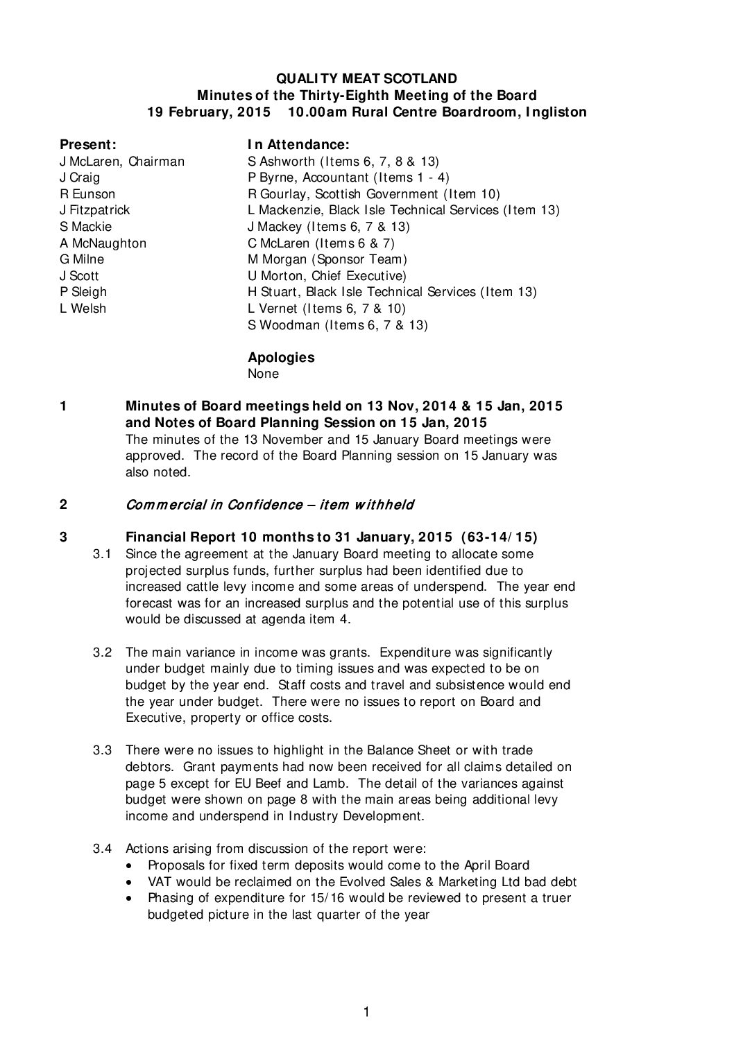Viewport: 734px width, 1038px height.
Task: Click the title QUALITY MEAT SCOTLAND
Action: point(366,79)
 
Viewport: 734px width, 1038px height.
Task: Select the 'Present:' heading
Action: point(87,145)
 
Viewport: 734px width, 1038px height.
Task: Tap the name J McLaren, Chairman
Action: point(122,162)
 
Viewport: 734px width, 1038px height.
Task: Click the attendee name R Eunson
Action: point(87,194)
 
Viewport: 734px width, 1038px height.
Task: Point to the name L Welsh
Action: point(83,309)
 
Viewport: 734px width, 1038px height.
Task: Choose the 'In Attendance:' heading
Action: point(298,145)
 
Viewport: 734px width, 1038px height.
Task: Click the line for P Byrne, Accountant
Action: point(348,178)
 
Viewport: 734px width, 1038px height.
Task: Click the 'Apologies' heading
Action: point(280,358)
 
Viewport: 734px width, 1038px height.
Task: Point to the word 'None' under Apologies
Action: point(263,374)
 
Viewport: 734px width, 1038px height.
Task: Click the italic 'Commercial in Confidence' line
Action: point(269,505)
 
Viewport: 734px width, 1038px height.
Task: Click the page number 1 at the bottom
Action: point(366,1012)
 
